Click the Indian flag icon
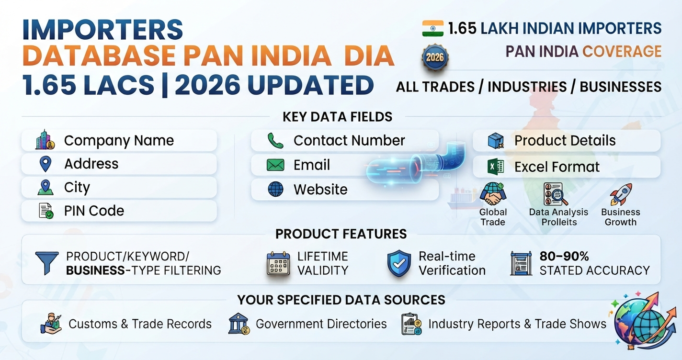(x=432, y=28)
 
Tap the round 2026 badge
(x=435, y=57)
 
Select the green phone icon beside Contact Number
(x=275, y=141)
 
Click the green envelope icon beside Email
(x=275, y=165)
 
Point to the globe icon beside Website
(x=275, y=189)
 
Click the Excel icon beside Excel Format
(x=495, y=167)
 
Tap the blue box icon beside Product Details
(x=496, y=141)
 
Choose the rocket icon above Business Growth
(x=621, y=194)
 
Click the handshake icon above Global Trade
(x=493, y=194)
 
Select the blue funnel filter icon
(x=47, y=263)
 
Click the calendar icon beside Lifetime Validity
(x=278, y=263)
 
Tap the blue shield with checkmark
(x=399, y=263)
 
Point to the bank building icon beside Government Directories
(x=239, y=324)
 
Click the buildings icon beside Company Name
(x=45, y=140)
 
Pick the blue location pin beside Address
(x=45, y=164)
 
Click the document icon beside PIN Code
(x=46, y=211)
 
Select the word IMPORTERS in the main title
(x=102, y=30)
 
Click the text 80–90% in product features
(x=564, y=257)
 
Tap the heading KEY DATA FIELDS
(x=337, y=117)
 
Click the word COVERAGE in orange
(x=622, y=51)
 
